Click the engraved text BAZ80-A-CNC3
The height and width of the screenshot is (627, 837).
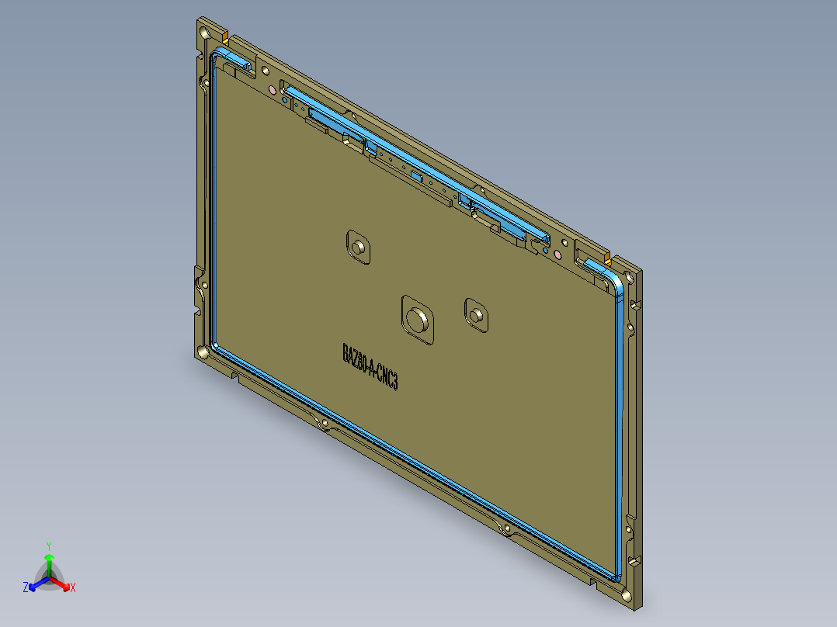pos(370,368)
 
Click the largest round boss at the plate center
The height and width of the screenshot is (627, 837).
pos(417,318)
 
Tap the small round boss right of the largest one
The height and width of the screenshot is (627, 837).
pos(475,314)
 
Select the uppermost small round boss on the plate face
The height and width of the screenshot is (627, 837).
pos(358,247)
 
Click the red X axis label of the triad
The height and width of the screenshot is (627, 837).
pos(73,588)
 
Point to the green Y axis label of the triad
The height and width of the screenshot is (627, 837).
pos(48,546)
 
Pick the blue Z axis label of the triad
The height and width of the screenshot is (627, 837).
pos(26,588)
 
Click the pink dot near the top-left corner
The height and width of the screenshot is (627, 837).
pos(272,90)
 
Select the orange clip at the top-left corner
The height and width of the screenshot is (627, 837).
pos(225,37)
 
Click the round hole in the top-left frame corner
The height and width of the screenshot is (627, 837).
pos(203,34)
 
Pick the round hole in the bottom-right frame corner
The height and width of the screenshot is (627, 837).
pos(627,596)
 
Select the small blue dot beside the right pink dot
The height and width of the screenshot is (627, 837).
pos(546,251)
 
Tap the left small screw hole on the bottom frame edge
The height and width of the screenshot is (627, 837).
pos(323,424)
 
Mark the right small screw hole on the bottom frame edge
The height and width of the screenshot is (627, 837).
pos(507,529)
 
